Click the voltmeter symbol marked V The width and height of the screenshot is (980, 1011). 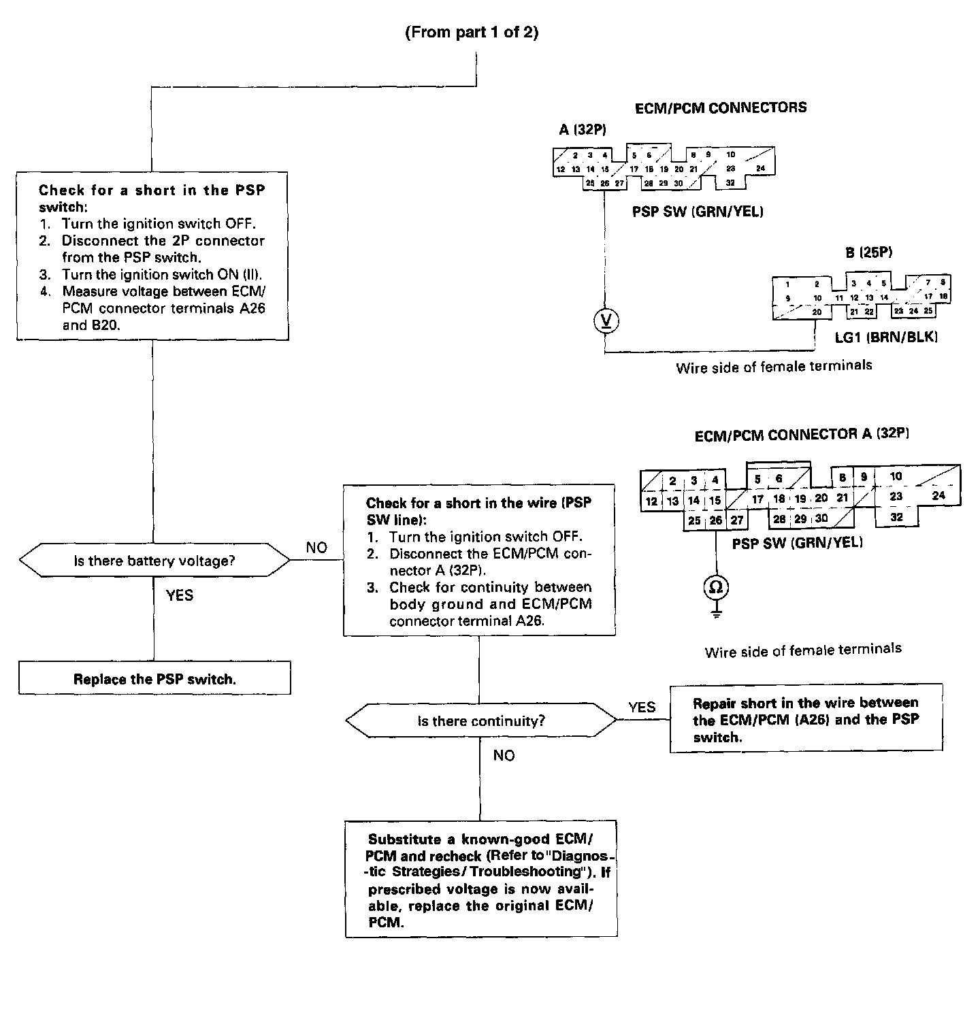(x=606, y=320)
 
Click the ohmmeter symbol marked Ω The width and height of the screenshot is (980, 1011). (x=716, y=586)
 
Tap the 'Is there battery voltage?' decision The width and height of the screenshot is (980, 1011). (x=154, y=561)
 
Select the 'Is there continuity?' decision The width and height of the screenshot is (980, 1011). (x=480, y=721)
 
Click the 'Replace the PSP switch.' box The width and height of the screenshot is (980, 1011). (x=154, y=678)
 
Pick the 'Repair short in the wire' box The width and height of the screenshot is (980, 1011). (x=806, y=719)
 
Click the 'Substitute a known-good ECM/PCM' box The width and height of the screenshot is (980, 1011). (x=480, y=880)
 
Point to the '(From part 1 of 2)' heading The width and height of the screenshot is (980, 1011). (x=472, y=33)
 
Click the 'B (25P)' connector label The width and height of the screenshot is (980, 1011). (x=868, y=252)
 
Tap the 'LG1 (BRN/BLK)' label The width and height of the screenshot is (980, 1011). (x=886, y=337)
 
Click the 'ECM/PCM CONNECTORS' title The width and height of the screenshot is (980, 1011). (x=721, y=107)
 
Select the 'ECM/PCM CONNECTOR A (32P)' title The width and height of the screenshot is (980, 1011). (x=801, y=434)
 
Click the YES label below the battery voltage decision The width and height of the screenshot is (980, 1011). (x=180, y=595)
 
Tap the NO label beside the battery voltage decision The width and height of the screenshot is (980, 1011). (x=316, y=548)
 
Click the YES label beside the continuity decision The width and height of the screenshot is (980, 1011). (x=642, y=708)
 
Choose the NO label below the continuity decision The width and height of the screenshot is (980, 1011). (x=504, y=756)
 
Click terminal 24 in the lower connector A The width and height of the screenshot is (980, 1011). (x=938, y=495)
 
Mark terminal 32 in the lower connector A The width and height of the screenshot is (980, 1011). (x=896, y=517)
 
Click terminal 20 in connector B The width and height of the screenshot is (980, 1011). (x=817, y=312)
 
